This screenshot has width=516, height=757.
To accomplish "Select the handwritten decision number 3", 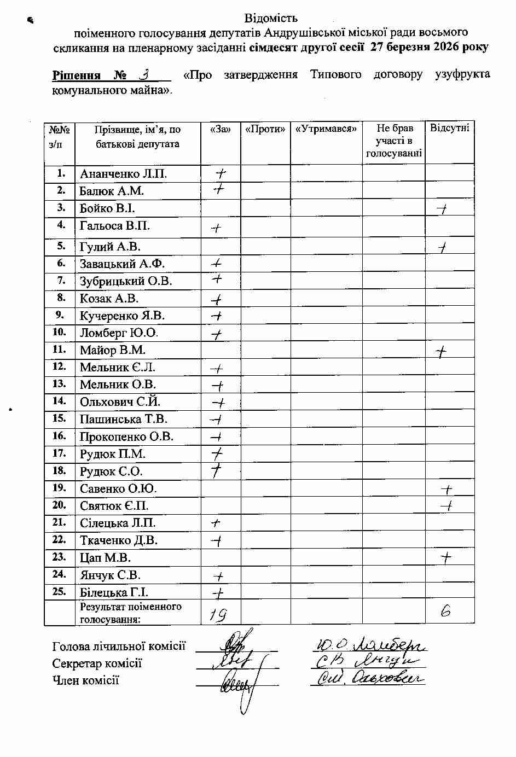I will point(144,74).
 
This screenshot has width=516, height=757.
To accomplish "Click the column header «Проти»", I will point(265,129).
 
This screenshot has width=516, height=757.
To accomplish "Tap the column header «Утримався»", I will point(326,129).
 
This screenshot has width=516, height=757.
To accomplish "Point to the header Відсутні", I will point(449,128).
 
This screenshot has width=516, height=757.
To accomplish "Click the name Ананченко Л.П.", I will point(123,174).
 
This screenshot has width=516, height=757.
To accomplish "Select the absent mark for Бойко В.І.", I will point(442,208).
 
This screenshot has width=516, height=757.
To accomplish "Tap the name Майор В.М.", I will point(113,350).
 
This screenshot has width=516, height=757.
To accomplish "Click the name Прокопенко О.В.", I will point(126,436).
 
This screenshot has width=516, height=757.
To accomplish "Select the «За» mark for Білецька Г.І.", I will point(218,592).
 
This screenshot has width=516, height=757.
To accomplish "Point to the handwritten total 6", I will point(446,612).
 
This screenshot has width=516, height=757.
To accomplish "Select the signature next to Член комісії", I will point(236,684).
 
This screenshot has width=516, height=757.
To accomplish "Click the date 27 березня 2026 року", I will point(429,46).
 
